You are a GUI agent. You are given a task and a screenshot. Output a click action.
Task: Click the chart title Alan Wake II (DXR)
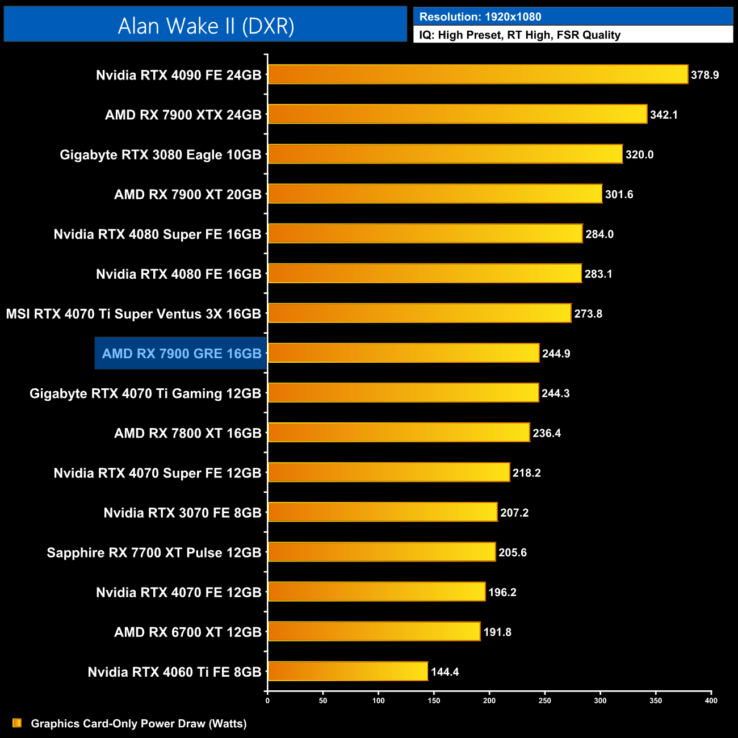[206, 26]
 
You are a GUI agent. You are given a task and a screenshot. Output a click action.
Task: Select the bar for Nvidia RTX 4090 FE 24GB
[477, 74]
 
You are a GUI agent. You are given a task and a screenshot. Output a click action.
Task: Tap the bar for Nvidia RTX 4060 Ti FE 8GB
[347, 672]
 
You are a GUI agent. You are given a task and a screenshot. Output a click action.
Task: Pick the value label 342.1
[664, 115]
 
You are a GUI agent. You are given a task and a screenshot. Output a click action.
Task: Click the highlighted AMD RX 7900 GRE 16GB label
[181, 354]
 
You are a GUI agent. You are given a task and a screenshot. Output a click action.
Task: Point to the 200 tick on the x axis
[489, 701]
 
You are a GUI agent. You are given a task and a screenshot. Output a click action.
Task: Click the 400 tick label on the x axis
[711, 701]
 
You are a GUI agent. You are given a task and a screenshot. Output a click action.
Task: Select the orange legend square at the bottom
[17, 723]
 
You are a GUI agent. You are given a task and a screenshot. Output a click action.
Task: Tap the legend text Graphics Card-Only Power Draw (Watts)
[139, 723]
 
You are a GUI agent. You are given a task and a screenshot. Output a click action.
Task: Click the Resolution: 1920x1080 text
[480, 17]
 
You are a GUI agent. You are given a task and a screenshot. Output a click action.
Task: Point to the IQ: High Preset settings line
[519, 35]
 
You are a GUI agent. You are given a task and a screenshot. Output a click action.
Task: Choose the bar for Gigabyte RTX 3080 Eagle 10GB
[445, 154]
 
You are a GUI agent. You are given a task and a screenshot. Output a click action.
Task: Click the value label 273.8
[588, 314]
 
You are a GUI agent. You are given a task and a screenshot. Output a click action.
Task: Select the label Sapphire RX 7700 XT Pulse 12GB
[154, 552]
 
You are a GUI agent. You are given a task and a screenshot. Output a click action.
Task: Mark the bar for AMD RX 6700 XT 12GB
[374, 632]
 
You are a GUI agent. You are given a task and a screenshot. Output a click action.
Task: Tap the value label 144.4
[445, 672]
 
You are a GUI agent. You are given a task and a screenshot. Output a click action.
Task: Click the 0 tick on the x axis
[267, 701]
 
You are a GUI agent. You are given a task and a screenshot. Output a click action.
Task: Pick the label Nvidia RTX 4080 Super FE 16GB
[157, 234]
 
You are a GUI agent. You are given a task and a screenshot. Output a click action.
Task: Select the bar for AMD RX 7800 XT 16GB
[399, 433]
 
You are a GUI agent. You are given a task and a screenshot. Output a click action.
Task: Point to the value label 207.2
[514, 513]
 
